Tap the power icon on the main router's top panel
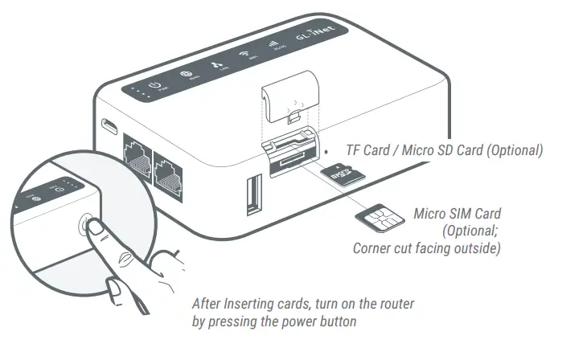tap(157, 86)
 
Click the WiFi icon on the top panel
tap(244, 55)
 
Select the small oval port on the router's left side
tap(106, 127)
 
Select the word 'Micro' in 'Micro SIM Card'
tap(432, 214)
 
